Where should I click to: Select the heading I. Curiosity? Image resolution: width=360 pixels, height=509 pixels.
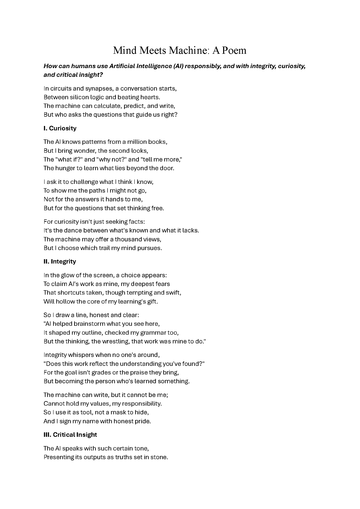(x=60, y=128)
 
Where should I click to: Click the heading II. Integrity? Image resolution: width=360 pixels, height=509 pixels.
(x=60, y=261)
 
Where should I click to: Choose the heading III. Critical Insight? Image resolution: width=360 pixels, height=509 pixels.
(x=70, y=435)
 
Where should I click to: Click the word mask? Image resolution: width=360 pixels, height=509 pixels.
(x=118, y=412)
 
